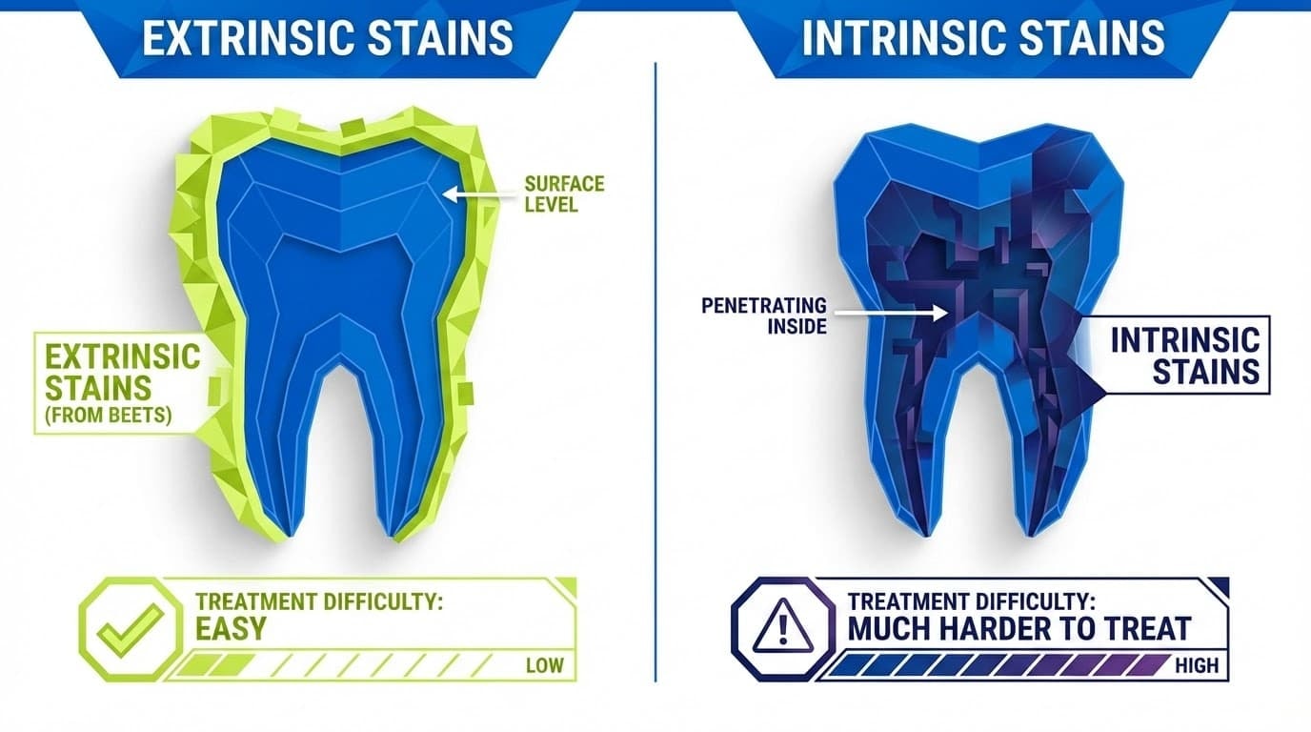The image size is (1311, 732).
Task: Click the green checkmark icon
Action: (x=128, y=629)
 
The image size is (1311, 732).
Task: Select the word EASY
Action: (x=231, y=628)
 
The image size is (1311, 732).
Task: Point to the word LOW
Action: (x=544, y=665)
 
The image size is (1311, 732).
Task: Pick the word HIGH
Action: (x=1196, y=665)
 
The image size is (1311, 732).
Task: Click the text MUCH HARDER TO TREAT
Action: (x=1019, y=628)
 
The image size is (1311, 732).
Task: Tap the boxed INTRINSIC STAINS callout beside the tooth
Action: (x=1184, y=354)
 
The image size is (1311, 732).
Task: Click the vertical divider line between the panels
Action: (x=656, y=372)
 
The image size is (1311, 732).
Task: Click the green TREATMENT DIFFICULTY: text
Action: (x=319, y=602)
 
